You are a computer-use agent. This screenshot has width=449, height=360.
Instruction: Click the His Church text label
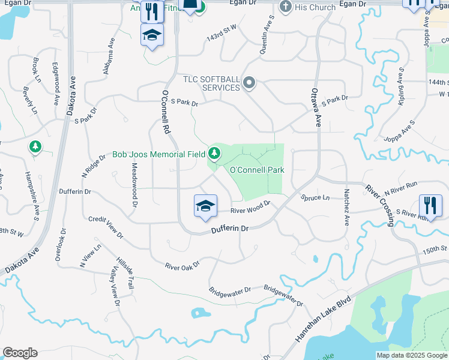coord(315,8)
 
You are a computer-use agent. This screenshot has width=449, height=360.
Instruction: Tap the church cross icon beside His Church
coord(286,7)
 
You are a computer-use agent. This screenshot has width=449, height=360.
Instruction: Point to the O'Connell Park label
coord(258,170)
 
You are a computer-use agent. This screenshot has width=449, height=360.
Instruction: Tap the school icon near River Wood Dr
coord(205,206)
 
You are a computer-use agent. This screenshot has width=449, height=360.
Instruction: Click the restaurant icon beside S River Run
coord(430,205)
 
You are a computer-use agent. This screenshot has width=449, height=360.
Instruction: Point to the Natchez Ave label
coord(346,208)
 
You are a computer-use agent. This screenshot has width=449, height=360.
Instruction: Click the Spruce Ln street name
coord(316,197)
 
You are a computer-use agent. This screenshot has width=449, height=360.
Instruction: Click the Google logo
coord(20,353)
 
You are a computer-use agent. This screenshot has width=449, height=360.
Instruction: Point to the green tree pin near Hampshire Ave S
coord(35,146)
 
